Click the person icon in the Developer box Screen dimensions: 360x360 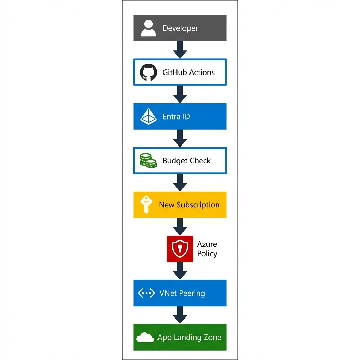pos(148,28)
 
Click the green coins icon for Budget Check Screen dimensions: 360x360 pos(148,161)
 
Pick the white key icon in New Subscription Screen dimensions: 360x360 pos(145,205)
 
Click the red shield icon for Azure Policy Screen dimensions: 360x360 pos(180,249)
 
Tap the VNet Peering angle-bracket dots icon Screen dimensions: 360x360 pos(146,293)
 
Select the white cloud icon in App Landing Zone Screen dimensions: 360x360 pos(145,338)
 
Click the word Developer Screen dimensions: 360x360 pos(180,28)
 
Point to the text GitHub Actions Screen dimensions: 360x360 pos(188,72)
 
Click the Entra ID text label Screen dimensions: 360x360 pos(176,116)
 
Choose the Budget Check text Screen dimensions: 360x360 pos(186,161)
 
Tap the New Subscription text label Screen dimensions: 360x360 pos(189,205)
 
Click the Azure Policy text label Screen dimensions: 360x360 pos(207,249)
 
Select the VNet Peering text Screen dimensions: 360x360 pos(182,293)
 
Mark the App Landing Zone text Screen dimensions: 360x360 pos(189,337)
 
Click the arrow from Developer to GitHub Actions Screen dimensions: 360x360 pos(180,50)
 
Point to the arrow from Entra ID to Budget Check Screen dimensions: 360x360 pos(180,138)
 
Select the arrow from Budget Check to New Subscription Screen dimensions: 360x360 pos(180,182)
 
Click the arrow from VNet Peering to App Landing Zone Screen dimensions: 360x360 pos(180,315)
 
